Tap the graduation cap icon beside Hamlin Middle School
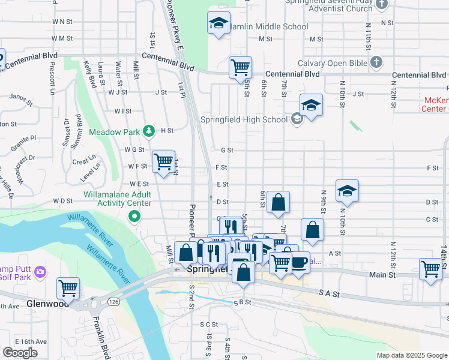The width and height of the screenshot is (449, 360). pos(217,23)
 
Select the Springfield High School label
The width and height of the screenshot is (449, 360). pos(244,119)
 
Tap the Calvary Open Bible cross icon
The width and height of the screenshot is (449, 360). pos(376,62)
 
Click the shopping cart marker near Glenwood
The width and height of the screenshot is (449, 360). pos(68,287)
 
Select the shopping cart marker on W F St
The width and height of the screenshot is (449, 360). pos(163,161)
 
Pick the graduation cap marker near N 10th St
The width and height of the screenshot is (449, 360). pos(347,191)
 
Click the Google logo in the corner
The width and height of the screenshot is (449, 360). pos(20,353)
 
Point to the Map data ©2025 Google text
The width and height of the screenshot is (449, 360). pos(411,355)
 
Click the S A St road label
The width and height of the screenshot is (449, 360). pos(329,294)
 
